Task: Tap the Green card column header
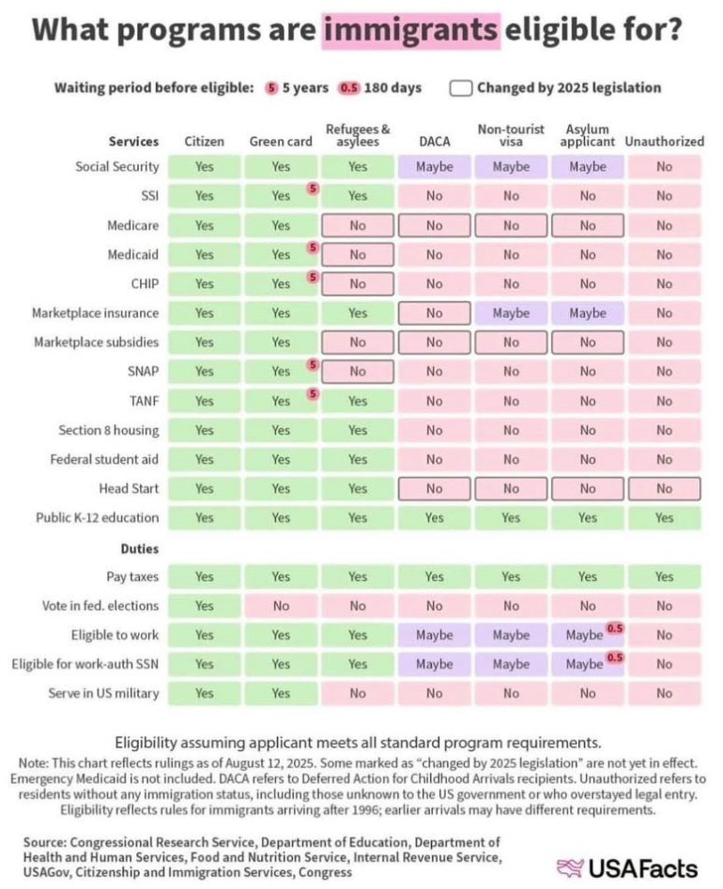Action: pyautogui.click(x=280, y=142)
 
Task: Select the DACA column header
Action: pyautogui.click(x=434, y=142)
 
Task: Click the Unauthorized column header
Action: pyautogui.click(x=664, y=142)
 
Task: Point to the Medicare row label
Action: pyautogui.click(x=131, y=225)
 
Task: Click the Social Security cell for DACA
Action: pyautogui.click(x=434, y=167)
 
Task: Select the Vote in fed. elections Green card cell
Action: pyautogui.click(x=280, y=605)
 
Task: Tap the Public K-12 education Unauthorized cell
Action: pyautogui.click(x=664, y=517)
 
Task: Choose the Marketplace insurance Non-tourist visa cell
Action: pyautogui.click(x=511, y=313)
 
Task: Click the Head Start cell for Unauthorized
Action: pyautogui.click(x=664, y=488)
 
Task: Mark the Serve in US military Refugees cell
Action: pyautogui.click(x=357, y=694)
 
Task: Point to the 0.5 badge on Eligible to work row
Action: pyautogui.click(x=615, y=628)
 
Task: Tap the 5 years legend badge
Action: pyautogui.click(x=272, y=88)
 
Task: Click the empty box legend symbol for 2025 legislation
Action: pyautogui.click(x=460, y=88)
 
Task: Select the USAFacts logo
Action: pyautogui.click(x=629, y=866)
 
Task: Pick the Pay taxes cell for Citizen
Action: pyautogui.click(x=204, y=576)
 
